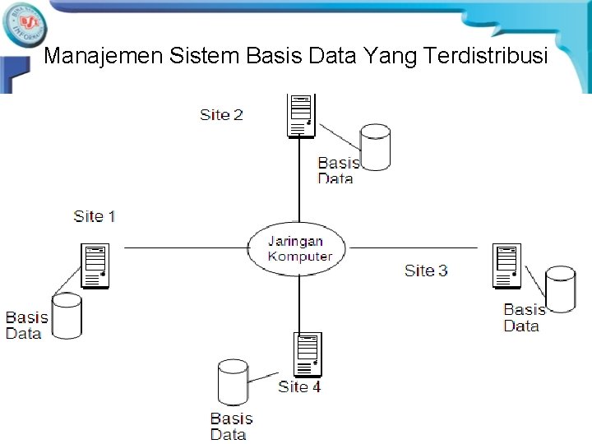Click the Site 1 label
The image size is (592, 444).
click(x=95, y=216)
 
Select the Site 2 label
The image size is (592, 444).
click(x=221, y=114)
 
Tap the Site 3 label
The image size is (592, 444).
click(x=426, y=270)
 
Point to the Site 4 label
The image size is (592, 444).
click(x=299, y=386)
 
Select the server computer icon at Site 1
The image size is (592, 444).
click(x=95, y=266)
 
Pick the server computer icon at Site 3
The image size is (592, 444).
click(x=507, y=266)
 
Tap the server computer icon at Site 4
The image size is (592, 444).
click(x=309, y=354)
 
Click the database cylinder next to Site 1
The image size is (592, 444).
click(x=66, y=317)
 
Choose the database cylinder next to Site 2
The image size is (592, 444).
click(x=375, y=146)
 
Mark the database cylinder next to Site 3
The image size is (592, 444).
click(x=561, y=289)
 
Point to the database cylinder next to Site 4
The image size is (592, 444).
click(x=233, y=382)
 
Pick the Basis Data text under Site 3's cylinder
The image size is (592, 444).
click(x=523, y=317)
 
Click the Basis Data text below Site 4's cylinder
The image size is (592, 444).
click(x=231, y=427)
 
